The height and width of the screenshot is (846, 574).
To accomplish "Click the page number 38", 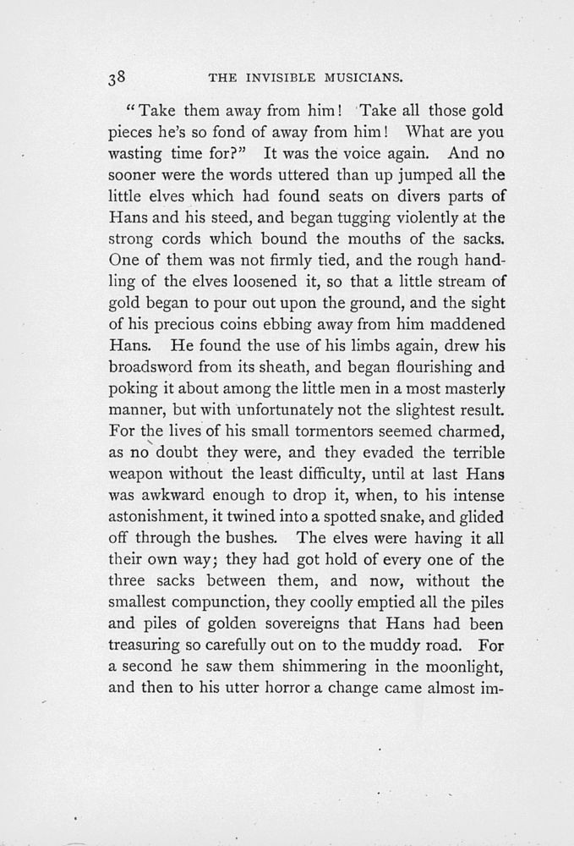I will (x=117, y=78).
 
